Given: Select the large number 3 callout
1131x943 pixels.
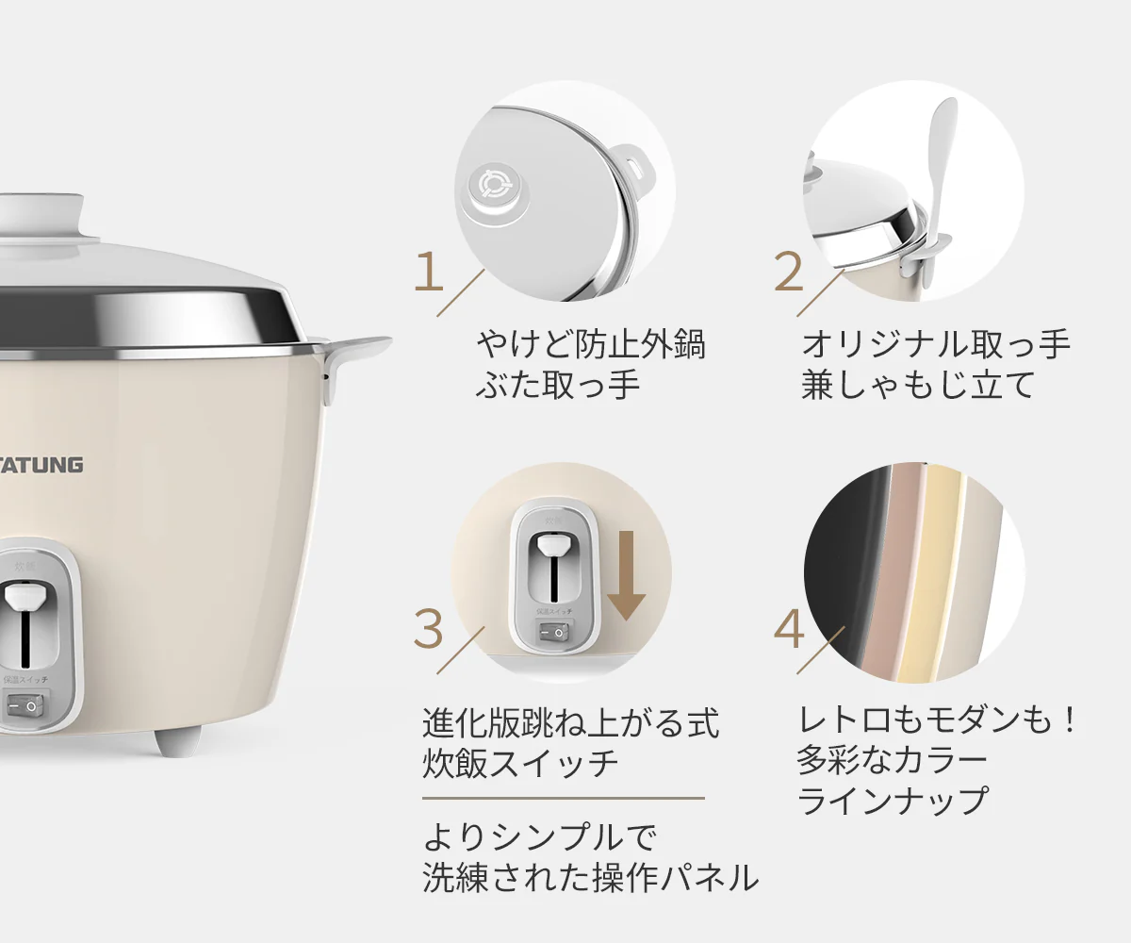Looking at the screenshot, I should [429, 629].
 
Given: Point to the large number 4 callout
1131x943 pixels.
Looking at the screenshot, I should [788, 629].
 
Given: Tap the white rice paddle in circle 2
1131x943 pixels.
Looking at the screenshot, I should [938, 179].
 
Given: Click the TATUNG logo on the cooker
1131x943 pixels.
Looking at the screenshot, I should [41, 464].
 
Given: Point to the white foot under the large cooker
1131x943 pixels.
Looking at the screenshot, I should [176, 740].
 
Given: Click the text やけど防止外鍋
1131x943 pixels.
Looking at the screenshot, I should [590, 345].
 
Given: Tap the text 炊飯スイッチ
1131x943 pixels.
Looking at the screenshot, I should [520, 763].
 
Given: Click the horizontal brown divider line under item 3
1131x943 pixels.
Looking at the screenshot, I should [563, 798].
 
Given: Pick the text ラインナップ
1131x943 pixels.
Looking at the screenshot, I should [892, 801].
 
